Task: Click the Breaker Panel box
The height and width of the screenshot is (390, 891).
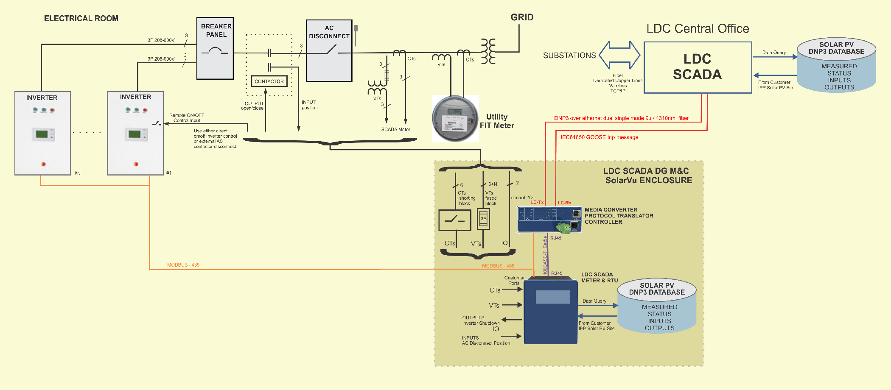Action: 215,48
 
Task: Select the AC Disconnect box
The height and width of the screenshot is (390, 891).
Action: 329,51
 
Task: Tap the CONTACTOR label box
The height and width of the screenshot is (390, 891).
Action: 269,81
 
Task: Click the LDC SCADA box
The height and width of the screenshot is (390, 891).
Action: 698,67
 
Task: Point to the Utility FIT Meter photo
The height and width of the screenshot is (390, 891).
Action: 455,118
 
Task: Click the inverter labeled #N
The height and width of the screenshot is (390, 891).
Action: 42,133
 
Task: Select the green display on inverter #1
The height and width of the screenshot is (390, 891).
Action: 134,134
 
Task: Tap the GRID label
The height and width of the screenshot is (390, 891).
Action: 522,17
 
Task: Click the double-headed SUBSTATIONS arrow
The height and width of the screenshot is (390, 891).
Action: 619,55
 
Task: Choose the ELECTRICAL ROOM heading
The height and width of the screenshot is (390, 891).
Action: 81,19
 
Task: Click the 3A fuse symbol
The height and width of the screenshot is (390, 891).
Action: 483,219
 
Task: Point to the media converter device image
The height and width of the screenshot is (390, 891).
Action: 549,220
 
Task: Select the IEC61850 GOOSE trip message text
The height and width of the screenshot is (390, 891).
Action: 599,137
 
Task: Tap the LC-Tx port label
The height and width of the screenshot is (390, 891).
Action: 537,203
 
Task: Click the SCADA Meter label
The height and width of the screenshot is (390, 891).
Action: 395,130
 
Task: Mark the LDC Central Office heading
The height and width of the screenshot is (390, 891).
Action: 698,29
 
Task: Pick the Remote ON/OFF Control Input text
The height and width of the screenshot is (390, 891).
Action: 186,118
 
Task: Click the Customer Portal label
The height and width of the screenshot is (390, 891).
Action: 514,281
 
